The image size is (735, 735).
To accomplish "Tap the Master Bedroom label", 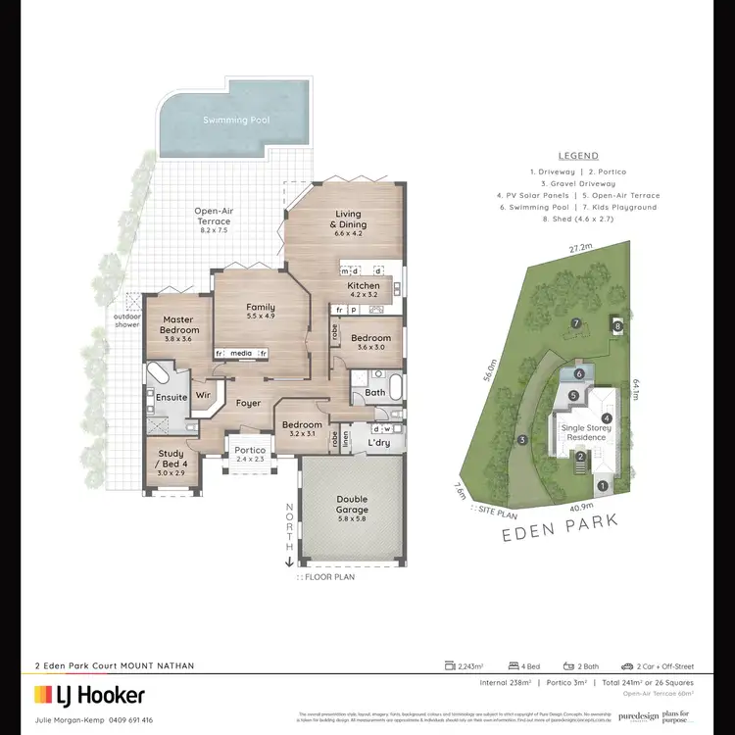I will pos(177,324).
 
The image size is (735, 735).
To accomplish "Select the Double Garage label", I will pos(352,504).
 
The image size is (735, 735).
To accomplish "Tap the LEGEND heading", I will pos(577,156).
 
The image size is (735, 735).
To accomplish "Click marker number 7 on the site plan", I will pos(577,322).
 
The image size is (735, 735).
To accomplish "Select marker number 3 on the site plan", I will pos(522,439).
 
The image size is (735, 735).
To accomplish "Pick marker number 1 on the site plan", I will pos(603,484).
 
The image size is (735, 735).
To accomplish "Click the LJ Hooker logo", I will pos(90,696).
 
